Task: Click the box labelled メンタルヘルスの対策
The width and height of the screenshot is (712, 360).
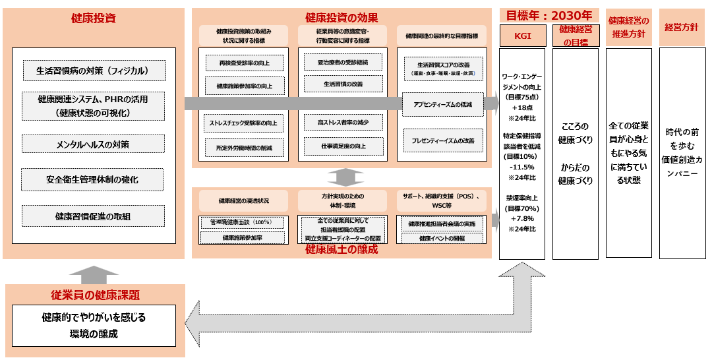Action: point(92,144)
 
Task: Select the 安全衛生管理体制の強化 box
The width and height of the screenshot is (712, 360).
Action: point(92,179)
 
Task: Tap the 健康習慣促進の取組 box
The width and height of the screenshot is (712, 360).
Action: point(92,216)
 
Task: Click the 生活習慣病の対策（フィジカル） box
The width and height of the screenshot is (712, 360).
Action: point(92,70)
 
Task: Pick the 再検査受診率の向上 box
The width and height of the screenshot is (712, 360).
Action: point(244,64)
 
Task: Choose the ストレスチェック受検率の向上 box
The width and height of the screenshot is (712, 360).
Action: point(244,123)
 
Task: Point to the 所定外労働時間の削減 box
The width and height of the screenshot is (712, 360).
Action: point(244,148)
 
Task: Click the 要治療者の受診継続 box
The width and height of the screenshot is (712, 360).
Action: point(343,63)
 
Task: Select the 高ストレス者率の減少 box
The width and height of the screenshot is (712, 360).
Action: point(343,122)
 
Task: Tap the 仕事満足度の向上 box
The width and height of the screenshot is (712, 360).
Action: point(343,146)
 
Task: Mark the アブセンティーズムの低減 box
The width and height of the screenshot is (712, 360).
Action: point(443,105)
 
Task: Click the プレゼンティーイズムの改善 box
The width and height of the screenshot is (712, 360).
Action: point(443,140)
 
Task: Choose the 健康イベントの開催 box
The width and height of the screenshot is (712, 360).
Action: point(442,238)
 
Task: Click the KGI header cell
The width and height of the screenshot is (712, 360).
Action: point(522,35)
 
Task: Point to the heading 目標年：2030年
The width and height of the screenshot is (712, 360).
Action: point(548,15)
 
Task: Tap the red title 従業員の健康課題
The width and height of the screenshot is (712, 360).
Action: point(95,295)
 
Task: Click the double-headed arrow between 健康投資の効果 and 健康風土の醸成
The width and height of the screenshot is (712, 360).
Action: point(345,177)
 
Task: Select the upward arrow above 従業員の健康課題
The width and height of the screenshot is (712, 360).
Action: point(94,274)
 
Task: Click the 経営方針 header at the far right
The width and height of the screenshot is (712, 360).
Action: point(682,27)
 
